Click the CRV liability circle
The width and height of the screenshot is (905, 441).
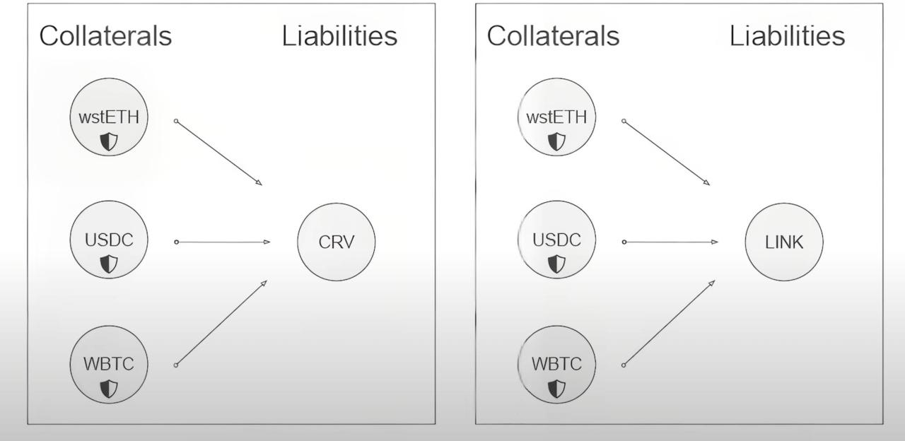tap(336, 242)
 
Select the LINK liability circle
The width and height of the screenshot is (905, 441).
tap(784, 242)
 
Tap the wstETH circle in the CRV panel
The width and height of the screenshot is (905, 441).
tap(109, 118)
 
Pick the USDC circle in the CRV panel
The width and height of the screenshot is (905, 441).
tap(109, 241)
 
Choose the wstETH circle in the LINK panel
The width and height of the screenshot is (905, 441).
tap(557, 118)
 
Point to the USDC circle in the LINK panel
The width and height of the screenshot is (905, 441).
tap(557, 241)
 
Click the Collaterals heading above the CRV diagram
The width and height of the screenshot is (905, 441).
tap(105, 36)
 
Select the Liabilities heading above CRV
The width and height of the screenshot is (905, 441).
tap(339, 36)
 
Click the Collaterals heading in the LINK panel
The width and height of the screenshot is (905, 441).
tap(553, 36)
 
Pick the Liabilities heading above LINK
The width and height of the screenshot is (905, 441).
tap(787, 36)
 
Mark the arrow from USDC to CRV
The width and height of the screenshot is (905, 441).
tap(223, 242)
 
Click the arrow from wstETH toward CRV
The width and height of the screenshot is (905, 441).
tap(219, 153)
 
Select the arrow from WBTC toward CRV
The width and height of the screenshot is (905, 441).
tap(221, 323)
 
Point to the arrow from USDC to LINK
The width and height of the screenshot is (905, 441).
tap(670, 242)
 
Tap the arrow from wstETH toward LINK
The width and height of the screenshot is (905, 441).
tap(667, 153)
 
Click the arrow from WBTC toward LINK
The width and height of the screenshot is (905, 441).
tap(669, 323)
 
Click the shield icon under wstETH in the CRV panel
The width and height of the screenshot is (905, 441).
tap(109, 142)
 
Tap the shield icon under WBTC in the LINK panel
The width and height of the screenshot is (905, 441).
tap(557, 388)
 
